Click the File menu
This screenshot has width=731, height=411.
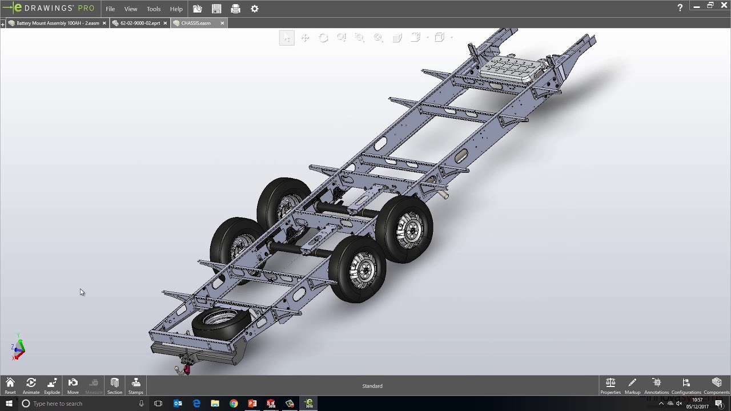click(110, 9)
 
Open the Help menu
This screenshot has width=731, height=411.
click(176, 9)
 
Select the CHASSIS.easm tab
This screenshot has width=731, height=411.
click(195, 23)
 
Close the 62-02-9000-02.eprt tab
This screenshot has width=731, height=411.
click(165, 23)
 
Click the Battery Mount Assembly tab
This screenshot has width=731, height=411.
click(57, 23)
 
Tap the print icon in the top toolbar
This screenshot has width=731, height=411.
click(235, 9)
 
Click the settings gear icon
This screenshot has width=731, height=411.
click(255, 9)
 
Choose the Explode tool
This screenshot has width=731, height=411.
click(52, 385)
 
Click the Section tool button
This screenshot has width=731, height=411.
click(115, 385)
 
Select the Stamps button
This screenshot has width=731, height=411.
click(136, 385)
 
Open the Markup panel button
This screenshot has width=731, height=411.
click(632, 385)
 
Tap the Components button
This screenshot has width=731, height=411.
click(716, 385)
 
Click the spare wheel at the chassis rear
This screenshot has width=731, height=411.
click(220, 323)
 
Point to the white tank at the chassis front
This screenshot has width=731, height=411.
click(511, 68)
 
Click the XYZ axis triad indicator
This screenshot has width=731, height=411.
click(18, 348)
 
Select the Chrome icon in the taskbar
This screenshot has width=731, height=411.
click(234, 404)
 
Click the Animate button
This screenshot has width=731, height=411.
click(31, 385)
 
